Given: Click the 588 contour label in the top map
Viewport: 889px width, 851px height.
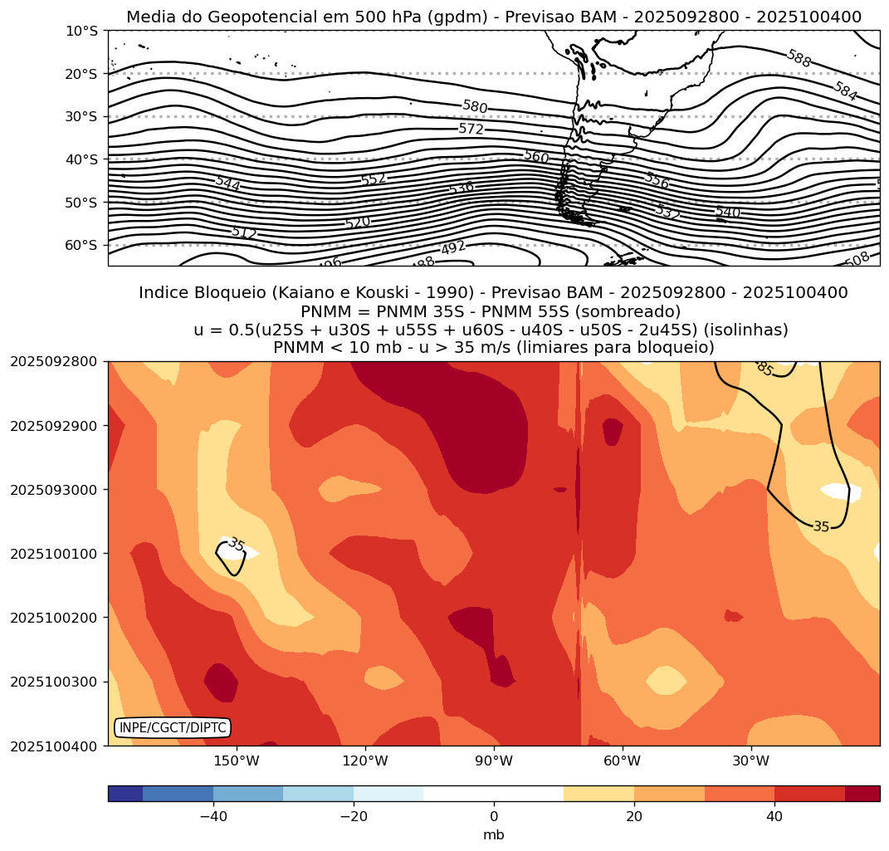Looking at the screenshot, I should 799,58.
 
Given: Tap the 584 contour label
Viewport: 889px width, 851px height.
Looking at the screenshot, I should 845,90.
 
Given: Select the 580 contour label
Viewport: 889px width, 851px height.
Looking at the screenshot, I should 475,106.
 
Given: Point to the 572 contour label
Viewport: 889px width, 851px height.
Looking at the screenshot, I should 471,129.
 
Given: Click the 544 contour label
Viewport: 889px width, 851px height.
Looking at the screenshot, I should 227,183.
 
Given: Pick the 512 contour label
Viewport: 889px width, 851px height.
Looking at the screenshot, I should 244,232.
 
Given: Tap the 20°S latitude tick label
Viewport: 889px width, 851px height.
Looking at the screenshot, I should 81,74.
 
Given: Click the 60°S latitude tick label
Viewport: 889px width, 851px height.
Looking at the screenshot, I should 81,246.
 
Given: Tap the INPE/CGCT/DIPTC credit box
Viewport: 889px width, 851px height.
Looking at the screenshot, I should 172,728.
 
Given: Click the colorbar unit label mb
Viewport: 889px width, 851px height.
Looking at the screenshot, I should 494,834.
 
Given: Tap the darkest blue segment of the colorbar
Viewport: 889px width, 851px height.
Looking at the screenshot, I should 125,794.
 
